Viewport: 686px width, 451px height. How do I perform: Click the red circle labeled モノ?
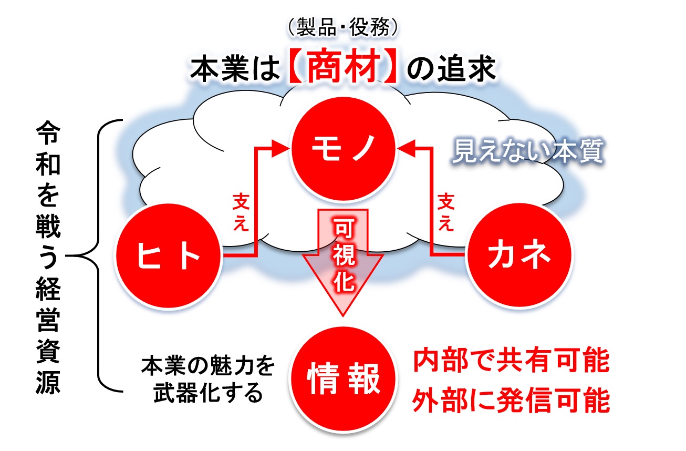pyautogui.click(x=344, y=149)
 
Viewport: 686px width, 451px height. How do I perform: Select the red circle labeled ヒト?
pyautogui.click(x=169, y=255)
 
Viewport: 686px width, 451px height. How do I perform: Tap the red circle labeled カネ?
pyautogui.click(x=519, y=255)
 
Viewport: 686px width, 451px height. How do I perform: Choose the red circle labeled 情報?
pyautogui.click(x=344, y=378)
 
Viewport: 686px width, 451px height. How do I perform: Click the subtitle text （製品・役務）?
pyautogui.click(x=344, y=27)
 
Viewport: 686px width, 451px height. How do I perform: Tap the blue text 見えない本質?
pyautogui.click(x=528, y=151)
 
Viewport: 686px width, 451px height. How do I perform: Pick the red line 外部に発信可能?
pyautogui.click(x=511, y=399)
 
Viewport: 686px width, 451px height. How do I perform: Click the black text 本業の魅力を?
pyautogui.click(x=208, y=366)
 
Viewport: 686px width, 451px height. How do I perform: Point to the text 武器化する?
pyautogui.click(x=208, y=393)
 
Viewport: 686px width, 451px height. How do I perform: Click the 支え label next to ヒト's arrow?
pyautogui.click(x=241, y=212)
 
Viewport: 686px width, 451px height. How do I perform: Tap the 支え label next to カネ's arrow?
pyautogui.click(x=446, y=212)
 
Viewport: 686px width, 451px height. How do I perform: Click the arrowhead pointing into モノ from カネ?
pyautogui.click(x=406, y=149)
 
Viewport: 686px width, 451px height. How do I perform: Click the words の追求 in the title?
pyautogui.click(x=451, y=68)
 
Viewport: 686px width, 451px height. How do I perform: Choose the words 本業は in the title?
pyautogui.click(x=235, y=68)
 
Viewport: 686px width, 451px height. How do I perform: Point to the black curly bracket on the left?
pyautogui.click(x=99, y=255)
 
